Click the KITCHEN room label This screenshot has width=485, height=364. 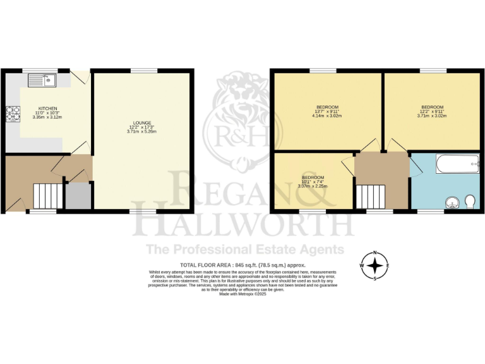47,108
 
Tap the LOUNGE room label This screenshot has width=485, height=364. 141,121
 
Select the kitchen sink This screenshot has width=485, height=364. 45,80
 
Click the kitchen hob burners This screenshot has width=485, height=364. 13,114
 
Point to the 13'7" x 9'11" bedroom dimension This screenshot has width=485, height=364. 326,111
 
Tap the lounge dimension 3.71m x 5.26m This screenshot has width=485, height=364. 141,131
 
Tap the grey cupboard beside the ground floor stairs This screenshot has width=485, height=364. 78,197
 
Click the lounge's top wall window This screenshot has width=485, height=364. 144,70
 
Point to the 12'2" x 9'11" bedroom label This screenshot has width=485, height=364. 432,111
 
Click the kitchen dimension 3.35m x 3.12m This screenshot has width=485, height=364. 47,118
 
